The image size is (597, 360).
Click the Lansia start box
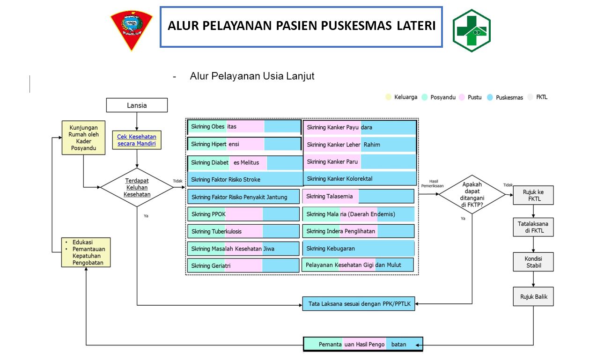(137, 105)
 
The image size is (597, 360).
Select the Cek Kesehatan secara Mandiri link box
(137, 140)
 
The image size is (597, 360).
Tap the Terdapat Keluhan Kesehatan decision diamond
(137, 187)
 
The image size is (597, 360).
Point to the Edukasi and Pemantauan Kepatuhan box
(86, 252)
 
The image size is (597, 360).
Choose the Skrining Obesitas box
(244, 127)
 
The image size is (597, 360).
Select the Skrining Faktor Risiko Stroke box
(245, 179)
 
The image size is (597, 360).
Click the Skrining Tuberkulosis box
(243, 231)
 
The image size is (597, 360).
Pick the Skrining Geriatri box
(243, 265)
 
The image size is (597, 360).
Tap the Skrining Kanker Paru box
(359, 162)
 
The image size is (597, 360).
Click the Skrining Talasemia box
(358, 197)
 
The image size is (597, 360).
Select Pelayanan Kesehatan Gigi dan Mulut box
(358, 264)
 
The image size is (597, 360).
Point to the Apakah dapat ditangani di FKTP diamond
(472, 194)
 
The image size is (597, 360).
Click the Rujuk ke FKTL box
(533, 195)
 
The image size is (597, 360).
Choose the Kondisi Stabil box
(533, 262)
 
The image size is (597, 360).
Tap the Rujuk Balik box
(533, 296)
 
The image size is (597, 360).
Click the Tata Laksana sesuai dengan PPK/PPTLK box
(359, 304)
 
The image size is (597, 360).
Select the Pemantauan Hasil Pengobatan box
(363, 345)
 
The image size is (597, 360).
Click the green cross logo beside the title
(472, 30)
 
